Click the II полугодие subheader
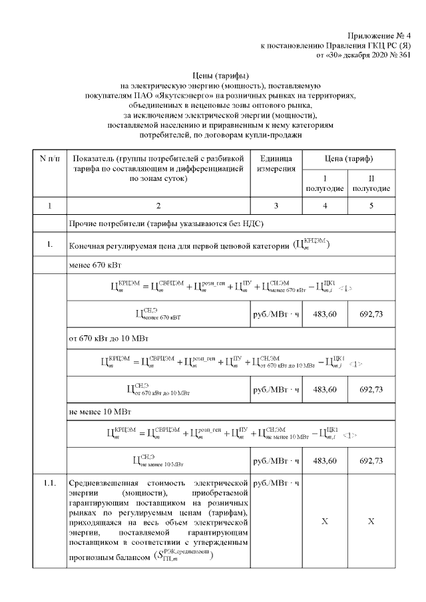(x=371, y=184)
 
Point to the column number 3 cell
(x=276, y=205)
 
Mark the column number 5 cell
(x=371, y=205)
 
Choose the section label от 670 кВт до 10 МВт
(x=112, y=339)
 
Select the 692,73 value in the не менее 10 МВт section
(x=371, y=460)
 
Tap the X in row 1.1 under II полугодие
(x=371, y=522)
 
